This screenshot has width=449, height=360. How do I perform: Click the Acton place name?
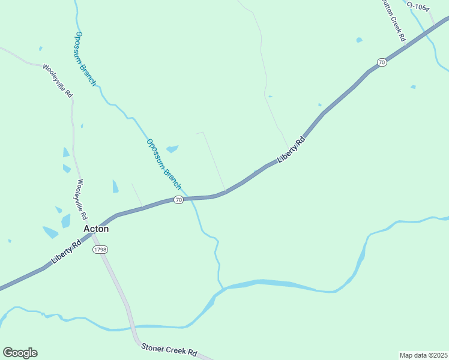[x=96, y=229]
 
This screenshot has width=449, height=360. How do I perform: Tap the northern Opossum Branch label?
[x=86, y=58]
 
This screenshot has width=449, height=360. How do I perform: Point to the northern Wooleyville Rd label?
[x=58, y=81]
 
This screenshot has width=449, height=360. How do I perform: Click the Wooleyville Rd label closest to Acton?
[x=82, y=199]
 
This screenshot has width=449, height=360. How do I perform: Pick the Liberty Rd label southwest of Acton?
[x=67, y=252]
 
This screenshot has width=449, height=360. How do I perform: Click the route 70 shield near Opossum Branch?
[x=178, y=200]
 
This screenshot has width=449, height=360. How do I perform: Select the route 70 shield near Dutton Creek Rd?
[x=382, y=62]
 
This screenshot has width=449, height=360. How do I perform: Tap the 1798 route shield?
[x=100, y=249]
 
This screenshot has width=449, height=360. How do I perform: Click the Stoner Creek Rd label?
[x=169, y=350]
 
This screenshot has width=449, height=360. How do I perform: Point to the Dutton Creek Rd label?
[x=394, y=21]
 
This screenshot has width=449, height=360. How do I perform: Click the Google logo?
[x=20, y=353]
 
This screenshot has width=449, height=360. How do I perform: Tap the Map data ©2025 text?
[x=423, y=355]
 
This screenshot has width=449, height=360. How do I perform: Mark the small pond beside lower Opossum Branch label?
[x=172, y=148]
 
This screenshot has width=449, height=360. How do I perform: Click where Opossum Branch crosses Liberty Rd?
[x=188, y=197]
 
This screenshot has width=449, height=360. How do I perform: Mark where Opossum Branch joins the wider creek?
[x=222, y=288]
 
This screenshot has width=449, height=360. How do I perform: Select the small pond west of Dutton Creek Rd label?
[x=359, y=40]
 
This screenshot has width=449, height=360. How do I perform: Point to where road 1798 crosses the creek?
[x=131, y=328]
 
